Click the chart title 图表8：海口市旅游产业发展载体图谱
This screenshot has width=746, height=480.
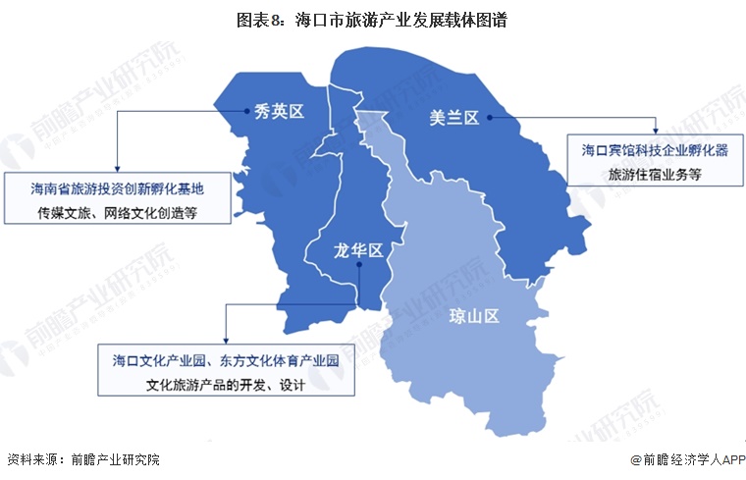pos(372,20)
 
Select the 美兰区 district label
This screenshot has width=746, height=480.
pos(453,118)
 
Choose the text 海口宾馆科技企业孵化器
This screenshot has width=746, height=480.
pos(653,151)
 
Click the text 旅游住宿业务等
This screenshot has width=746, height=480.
pos(653,175)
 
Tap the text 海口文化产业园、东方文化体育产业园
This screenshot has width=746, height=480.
pos(225,360)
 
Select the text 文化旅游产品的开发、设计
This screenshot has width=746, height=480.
pos(225,385)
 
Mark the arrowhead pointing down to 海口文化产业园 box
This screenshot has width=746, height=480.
pos(225,341)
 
